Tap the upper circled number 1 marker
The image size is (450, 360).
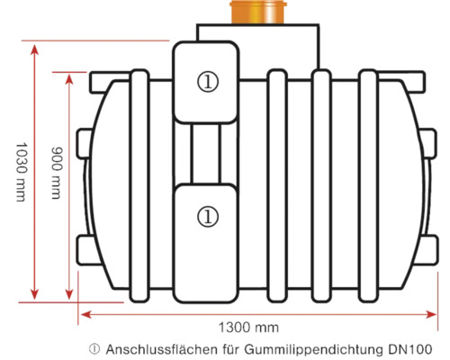click(x=208, y=81)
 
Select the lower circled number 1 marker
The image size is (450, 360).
click(x=208, y=216)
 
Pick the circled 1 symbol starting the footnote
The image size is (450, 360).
click(x=94, y=348)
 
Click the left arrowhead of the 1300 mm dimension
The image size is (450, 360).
click(x=83, y=313)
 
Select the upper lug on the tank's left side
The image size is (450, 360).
click(x=82, y=140)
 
